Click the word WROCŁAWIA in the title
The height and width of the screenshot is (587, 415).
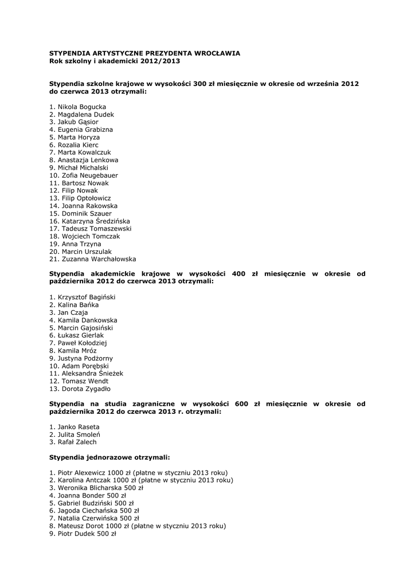coord(216,53)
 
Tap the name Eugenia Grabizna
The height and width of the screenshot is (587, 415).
coord(85,130)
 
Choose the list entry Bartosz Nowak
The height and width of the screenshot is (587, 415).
coord(85,183)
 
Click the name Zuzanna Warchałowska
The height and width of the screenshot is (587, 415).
coord(99,259)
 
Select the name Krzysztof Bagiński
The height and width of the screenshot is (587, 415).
coord(87,297)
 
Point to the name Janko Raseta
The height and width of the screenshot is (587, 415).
coord(79,427)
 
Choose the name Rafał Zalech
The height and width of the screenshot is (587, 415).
coord(77,442)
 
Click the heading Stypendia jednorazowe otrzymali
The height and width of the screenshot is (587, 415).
coord(109,457)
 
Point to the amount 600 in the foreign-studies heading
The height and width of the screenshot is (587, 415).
coord(241,404)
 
